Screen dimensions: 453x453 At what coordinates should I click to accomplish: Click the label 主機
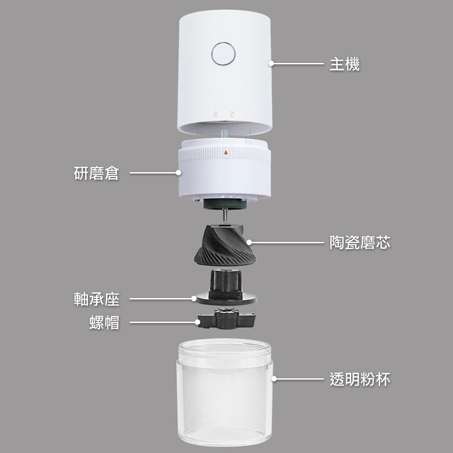[x=344, y=64]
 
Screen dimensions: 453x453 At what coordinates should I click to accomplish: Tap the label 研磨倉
[x=96, y=173]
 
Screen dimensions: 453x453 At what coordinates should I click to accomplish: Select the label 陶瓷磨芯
[x=360, y=243]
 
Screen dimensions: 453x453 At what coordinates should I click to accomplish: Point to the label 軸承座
[x=96, y=299]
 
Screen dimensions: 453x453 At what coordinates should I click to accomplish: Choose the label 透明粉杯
[x=360, y=379]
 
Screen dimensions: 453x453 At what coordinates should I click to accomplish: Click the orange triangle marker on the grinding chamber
[x=226, y=153]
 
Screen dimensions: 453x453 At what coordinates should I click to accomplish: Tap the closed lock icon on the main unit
[x=216, y=114]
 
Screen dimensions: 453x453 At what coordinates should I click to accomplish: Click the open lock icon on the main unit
[x=232, y=114]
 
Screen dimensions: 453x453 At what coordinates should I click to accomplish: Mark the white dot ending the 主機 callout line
[x=272, y=64]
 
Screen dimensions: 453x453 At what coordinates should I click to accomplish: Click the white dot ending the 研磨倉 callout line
[x=178, y=173]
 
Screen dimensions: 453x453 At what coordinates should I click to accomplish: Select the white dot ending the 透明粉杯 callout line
[x=274, y=378]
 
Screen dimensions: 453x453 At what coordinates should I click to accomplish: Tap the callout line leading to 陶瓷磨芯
[x=290, y=243]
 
